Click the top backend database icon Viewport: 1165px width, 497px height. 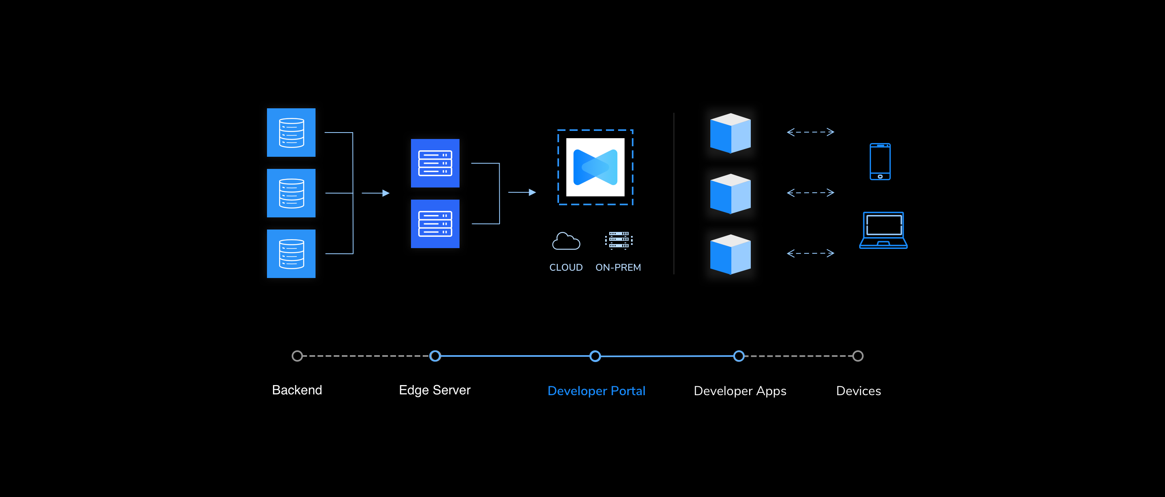tap(291, 133)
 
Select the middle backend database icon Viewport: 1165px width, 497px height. tap(291, 193)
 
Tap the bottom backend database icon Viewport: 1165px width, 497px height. tap(291, 253)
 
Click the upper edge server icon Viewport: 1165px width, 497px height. tap(434, 163)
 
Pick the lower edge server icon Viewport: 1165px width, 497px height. tap(434, 224)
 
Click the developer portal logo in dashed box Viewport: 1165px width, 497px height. tap(595, 167)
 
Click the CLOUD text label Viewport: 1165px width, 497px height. tap(566, 267)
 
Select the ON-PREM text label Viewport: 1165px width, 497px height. tap(618, 267)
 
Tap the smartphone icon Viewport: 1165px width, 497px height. tap(880, 162)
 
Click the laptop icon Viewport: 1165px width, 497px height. tap(883, 230)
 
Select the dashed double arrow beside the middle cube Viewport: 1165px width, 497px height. tap(810, 193)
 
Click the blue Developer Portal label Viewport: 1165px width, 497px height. tap(596, 391)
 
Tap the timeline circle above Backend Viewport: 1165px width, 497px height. tap(297, 356)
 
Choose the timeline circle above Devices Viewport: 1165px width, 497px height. tap(858, 356)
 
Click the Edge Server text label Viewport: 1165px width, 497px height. tap(434, 390)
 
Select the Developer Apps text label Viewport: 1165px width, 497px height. tap(739, 391)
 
